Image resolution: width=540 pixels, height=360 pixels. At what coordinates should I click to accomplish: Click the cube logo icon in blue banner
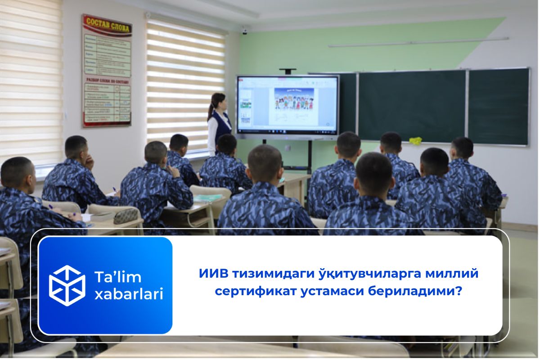67,285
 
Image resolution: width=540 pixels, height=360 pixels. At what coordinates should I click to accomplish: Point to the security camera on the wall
244,31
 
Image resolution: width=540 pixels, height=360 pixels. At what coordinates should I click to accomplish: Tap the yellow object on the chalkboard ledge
415,140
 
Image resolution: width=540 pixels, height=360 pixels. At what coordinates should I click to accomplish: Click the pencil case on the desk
126,216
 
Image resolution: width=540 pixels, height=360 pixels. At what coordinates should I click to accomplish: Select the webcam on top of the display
288,71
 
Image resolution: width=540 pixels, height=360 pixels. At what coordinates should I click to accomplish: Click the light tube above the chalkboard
418,42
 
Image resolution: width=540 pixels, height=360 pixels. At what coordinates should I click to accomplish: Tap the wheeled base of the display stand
309,171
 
